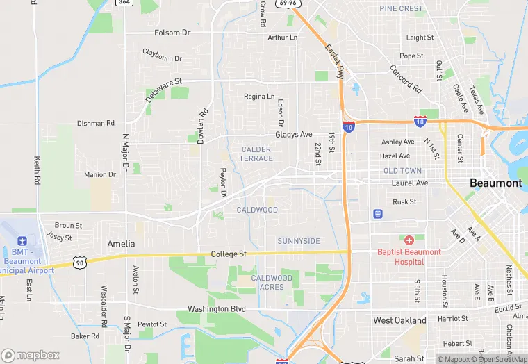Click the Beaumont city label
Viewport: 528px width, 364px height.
coord(495,183)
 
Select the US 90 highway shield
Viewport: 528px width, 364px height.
coord(81,263)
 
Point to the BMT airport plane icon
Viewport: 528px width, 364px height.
coord(22,239)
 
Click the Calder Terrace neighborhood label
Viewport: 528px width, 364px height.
coord(257,154)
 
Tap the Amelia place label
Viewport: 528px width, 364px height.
coord(121,244)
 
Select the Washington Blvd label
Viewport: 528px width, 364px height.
coord(217,308)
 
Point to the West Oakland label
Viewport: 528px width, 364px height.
coord(399,320)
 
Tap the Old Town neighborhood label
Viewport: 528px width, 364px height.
coord(402,171)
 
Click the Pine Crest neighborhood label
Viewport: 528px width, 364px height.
coord(401,9)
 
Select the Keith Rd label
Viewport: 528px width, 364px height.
coord(36,170)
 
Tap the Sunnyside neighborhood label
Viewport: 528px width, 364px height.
coord(299,241)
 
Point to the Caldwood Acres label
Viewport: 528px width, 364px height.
coord(272,282)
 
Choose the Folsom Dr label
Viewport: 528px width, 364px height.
coord(172,33)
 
